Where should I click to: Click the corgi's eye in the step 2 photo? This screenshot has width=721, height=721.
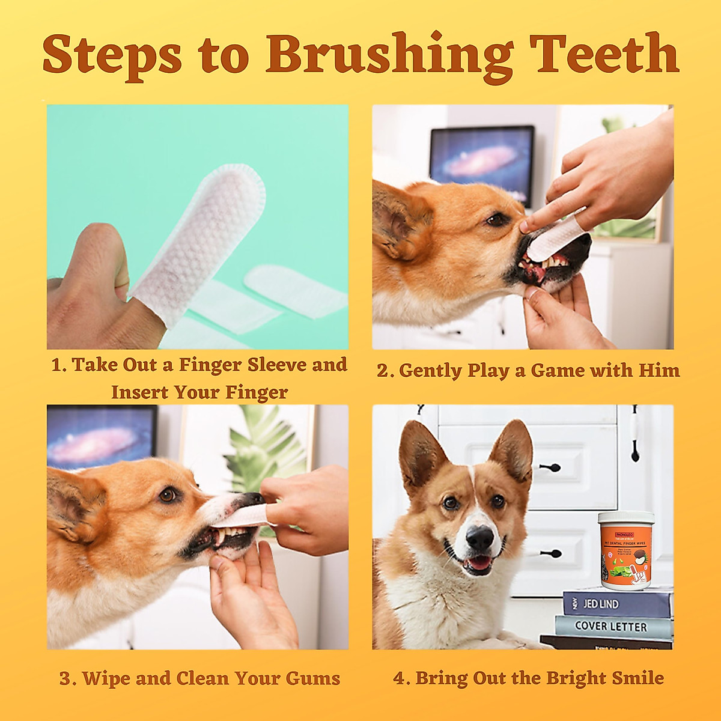pyautogui.click(x=496, y=220)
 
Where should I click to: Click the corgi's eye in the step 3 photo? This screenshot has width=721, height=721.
pyautogui.click(x=168, y=494)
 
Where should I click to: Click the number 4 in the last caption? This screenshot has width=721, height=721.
pyautogui.click(x=400, y=679)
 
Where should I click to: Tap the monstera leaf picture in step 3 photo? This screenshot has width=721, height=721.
pyautogui.click(x=264, y=448)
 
